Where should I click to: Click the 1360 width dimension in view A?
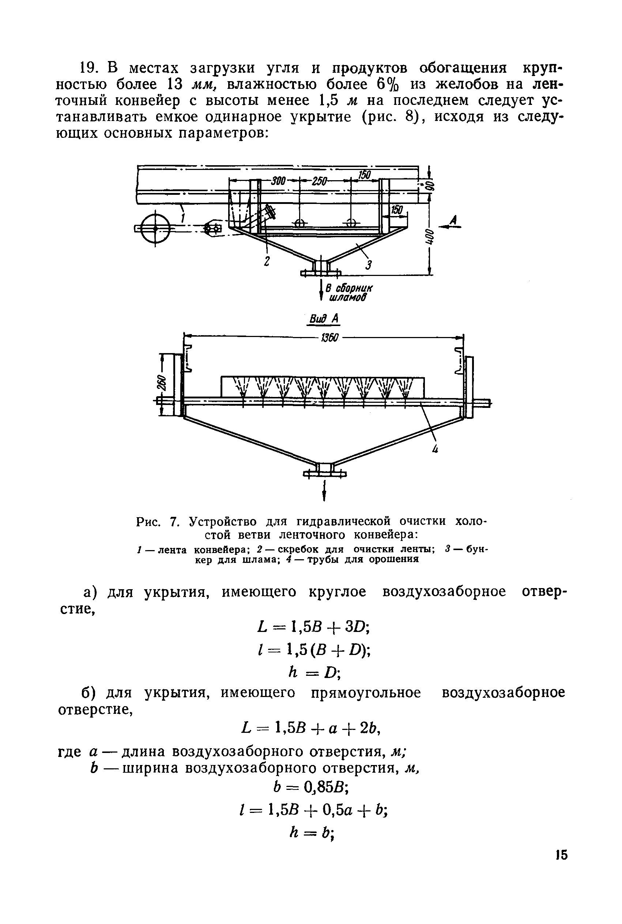(329, 338)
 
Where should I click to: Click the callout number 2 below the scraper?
(267, 262)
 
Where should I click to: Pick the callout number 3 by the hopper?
(369, 264)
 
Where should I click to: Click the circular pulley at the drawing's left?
(155, 228)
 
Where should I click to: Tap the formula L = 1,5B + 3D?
(314, 627)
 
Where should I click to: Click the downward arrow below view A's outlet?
(324, 491)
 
